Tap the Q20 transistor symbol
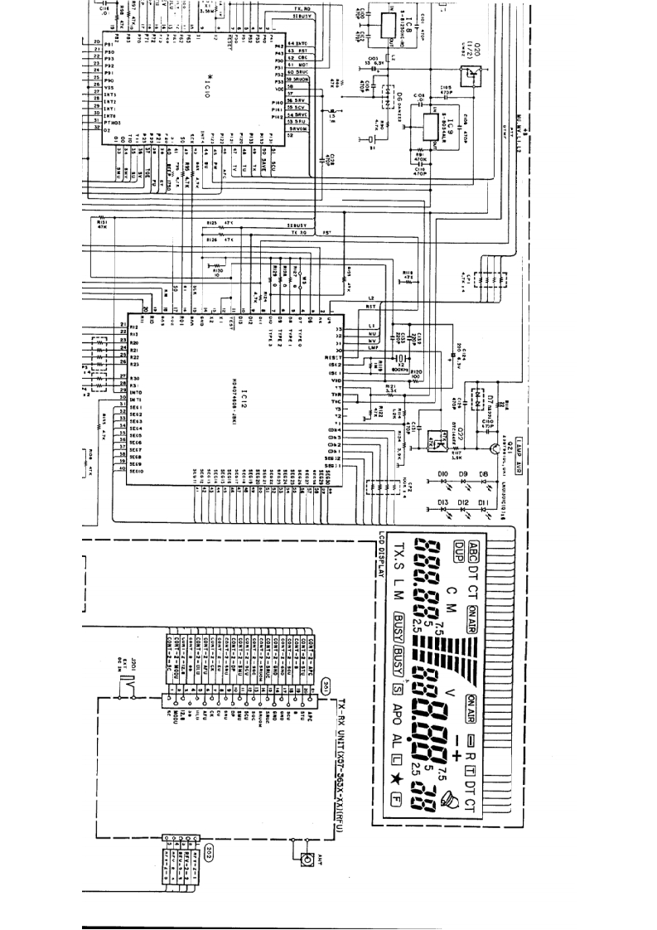474,73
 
